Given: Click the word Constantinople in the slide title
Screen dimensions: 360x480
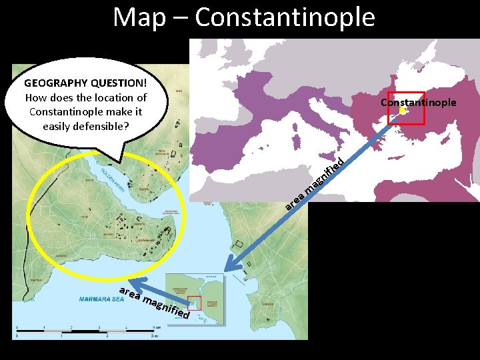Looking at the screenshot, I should click(x=285, y=17).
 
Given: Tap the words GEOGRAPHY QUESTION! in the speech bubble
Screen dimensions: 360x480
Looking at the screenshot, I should click(x=85, y=84).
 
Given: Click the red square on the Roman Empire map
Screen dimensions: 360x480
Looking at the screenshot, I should click(x=406, y=107).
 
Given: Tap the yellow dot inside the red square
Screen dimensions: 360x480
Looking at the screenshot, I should click(x=403, y=111).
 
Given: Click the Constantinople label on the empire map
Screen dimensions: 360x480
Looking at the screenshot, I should click(x=418, y=102).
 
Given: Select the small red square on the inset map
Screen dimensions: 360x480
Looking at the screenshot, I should click(x=194, y=302).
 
